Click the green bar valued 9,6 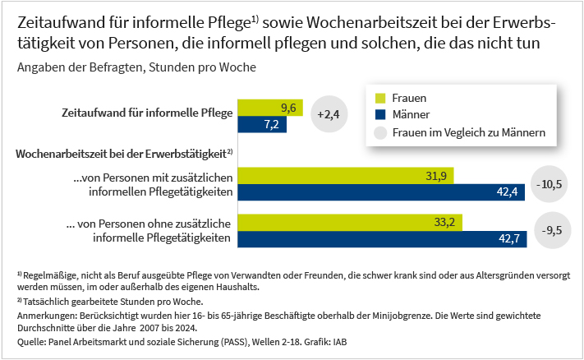coord(270,108)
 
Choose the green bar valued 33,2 coord(351,222)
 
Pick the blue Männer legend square coord(379,115)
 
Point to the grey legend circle coord(379,132)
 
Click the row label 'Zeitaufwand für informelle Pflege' coord(147,113)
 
